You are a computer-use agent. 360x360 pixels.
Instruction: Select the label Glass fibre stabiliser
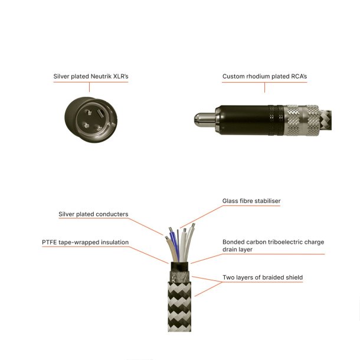[x=251, y=201]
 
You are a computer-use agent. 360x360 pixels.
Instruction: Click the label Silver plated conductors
[x=93, y=214]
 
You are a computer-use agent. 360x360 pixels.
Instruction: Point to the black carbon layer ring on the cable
[x=179, y=267]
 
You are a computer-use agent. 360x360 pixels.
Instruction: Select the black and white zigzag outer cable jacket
[x=179, y=313]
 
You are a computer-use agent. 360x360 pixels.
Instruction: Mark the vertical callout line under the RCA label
[x=265, y=87]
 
